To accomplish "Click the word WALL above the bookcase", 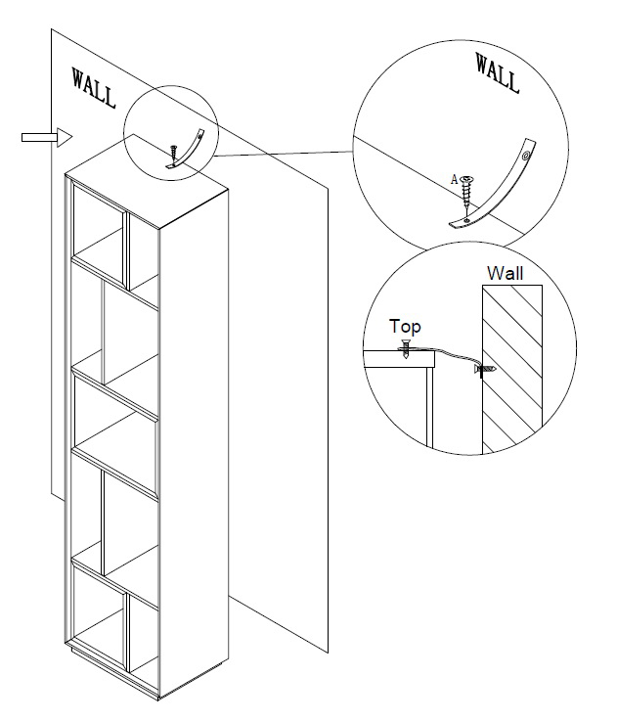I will click(93, 87).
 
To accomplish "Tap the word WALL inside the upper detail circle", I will click(497, 72).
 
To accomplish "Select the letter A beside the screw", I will click(452, 179).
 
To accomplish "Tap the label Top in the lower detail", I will click(405, 327).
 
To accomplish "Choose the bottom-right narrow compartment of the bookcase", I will click(143, 636).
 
